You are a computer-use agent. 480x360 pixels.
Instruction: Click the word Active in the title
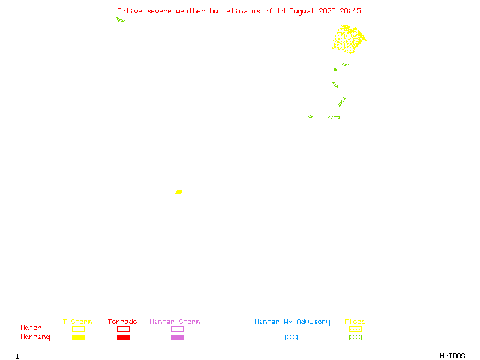click(130, 11)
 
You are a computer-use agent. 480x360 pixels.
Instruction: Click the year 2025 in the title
click(327, 11)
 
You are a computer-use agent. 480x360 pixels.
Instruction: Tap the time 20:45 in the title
click(350, 11)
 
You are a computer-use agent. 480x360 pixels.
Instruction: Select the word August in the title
click(302, 11)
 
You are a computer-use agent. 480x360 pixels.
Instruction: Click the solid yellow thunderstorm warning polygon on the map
click(179, 192)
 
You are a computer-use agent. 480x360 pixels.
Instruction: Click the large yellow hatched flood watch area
click(349, 39)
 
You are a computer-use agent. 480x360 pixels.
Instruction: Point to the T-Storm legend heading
click(77, 322)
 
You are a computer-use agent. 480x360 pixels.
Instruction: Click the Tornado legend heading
click(122, 322)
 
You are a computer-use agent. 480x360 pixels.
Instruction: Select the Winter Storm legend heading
click(175, 322)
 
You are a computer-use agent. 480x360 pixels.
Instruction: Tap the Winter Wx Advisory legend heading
click(292, 322)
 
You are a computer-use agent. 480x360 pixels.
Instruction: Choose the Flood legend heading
click(355, 322)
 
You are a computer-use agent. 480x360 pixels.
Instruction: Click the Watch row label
click(31, 328)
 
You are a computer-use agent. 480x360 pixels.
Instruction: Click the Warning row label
click(35, 337)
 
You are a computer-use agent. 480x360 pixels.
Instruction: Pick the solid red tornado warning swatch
click(124, 337)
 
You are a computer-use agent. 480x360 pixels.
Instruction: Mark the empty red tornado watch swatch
click(124, 329)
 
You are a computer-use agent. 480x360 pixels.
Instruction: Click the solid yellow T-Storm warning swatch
click(79, 337)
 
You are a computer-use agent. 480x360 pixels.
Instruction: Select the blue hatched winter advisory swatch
click(291, 337)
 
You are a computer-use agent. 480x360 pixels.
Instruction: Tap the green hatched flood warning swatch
click(355, 337)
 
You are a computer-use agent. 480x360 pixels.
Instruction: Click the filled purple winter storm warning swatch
click(177, 337)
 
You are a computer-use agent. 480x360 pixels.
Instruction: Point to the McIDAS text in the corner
click(452, 356)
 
